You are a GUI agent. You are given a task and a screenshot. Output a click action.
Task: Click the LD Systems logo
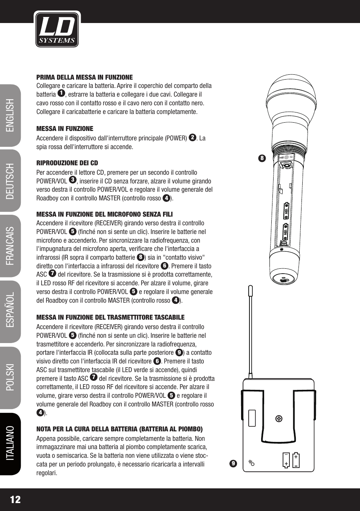pyautogui.click(x=57, y=29)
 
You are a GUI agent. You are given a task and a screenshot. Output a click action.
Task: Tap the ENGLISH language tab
pyautogui.click(x=10, y=115)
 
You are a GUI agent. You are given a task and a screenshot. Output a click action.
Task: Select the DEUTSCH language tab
pyautogui.click(x=10, y=181)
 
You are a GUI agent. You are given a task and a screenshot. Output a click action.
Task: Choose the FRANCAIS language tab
pyautogui.click(x=10, y=246)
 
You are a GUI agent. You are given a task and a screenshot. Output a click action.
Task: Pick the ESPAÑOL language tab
pyautogui.click(x=10, y=311)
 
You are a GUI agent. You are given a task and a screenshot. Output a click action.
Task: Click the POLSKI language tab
pyautogui.click(x=10, y=377)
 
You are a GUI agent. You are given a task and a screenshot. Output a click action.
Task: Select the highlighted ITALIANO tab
pyautogui.click(x=10, y=443)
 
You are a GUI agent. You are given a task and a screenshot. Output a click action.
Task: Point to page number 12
pyautogui.click(x=15, y=500)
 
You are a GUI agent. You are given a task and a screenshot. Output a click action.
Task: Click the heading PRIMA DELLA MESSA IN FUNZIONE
pyautogui.click(x=85, y=77)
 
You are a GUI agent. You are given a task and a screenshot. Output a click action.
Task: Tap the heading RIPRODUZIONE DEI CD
pyautogui.click(x=67, y=163)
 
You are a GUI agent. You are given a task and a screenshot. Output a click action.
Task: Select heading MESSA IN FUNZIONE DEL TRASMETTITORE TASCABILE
pyautogui.click(x=110, y=317)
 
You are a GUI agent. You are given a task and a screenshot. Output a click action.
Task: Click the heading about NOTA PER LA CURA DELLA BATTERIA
pyautogui.click(x=119, y=429)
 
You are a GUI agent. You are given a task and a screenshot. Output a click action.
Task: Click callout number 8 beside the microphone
pyautogui.click(x=262, y=158)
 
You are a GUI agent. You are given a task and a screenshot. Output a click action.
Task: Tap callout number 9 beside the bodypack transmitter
pyautogui.click(x=233, y=463)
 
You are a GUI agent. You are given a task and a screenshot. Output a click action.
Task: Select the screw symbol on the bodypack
pyautogui.click(x=279, y=419)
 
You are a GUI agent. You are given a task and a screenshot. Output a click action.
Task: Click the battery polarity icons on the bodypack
pyautogui.click(x=291, y=460)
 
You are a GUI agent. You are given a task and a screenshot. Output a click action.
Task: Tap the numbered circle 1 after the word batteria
pyautogui.click(x=62, y=93)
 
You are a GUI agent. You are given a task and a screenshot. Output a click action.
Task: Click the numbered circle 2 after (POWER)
pyautogui.click(x=192, y=137)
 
